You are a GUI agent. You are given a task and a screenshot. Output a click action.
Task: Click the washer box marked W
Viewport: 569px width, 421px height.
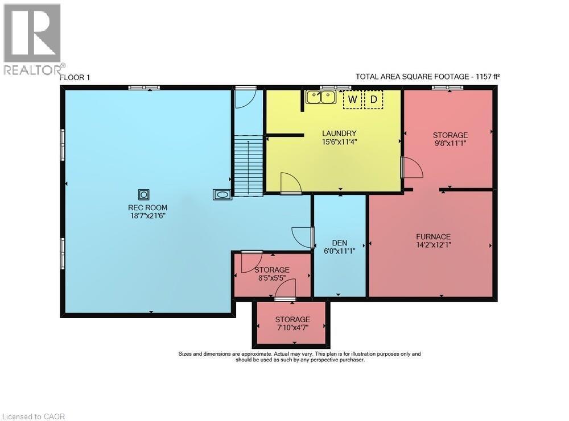353,100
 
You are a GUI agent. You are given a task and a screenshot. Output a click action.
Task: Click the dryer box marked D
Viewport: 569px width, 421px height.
374,100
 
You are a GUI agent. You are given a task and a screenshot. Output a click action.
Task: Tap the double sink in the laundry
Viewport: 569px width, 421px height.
320,97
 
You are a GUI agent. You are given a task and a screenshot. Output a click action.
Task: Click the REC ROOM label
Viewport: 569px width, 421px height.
147,207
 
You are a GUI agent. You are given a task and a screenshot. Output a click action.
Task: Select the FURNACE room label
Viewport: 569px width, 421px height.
433,236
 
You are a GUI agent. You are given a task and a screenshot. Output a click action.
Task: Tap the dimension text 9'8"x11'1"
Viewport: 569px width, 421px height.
450,144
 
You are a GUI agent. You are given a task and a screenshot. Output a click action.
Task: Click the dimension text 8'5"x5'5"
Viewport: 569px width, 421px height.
272,278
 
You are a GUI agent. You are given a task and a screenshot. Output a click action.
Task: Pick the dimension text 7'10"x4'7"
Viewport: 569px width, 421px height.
292,328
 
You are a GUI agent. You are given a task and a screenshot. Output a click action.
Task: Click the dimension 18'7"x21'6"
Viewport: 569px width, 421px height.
147,216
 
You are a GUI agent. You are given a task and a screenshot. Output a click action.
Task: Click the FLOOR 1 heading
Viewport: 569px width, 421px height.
75,77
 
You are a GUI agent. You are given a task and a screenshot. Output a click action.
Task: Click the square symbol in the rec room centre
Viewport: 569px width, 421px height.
144,195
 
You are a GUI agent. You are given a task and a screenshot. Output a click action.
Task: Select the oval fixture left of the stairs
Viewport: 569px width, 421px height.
222,195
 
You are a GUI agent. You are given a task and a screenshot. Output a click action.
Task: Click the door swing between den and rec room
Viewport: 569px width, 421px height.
302,236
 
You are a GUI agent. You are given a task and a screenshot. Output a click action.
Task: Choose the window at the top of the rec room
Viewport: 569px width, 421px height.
144,87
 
